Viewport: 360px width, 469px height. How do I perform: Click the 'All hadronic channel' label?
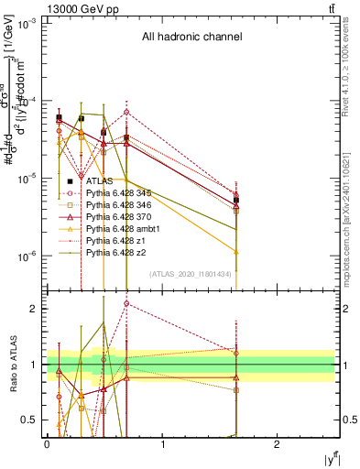pyautogui.click(x=191, y=38)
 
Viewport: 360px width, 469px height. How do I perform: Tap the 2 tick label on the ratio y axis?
pyautogui.click(x=37, y=309)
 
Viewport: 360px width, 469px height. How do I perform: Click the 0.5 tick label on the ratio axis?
pyautogui.click(x=33, y=420)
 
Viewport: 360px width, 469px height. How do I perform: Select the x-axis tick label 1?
pyautogui.click(x=162, y=443)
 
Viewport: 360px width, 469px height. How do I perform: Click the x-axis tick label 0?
pyautogui.click(x=47, y=443)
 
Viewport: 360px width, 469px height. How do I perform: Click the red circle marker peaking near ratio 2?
pyautogui.click(x=126, y=303)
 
